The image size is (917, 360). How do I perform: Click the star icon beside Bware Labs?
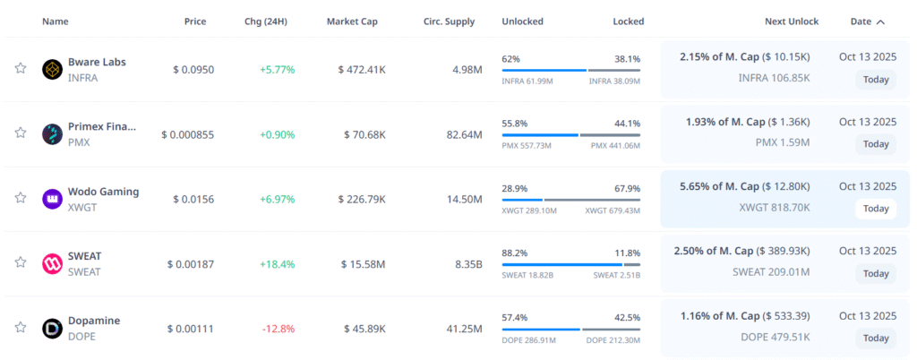(20, 68)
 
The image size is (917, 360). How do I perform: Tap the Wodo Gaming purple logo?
(52, 199)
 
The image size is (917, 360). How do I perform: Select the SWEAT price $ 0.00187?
(190, 264)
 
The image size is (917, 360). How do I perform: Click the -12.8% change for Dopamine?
(278, 329)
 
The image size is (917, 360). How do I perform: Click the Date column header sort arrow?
(881, 21)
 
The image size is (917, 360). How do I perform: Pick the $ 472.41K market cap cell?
(362, 69)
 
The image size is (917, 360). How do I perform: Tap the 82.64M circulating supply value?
(464, 134)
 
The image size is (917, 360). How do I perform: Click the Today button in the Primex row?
(876, 144)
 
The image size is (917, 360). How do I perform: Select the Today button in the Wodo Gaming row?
(876, 209)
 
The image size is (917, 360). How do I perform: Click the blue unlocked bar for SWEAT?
(561, 264)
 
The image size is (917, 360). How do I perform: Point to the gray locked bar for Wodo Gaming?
(592, 200)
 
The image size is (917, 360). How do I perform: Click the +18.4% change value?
(277, 264)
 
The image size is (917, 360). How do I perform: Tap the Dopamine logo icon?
(52, 329)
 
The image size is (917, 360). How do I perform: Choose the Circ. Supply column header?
(449, 21)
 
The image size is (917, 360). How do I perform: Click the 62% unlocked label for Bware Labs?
(511, 58)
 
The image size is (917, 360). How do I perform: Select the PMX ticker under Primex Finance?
(79, 142)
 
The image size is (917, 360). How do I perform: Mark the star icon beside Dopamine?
(20, 327)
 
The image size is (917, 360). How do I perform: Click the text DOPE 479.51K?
(775, 338)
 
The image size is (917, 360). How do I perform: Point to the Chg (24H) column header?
(265, 21)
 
